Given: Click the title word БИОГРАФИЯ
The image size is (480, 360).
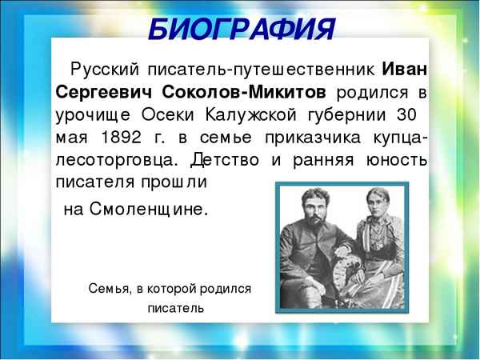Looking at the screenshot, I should (240, 30).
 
